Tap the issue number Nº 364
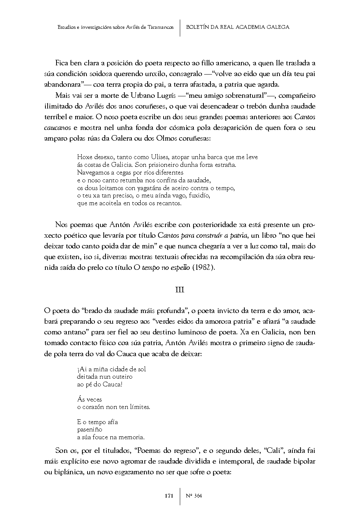click(x=194, y=496)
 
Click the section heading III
click(x=179, y=290)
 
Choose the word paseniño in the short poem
click(x=90, y=430)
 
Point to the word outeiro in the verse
click(x=121, y=377)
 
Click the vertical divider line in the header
click(x=180, y=27)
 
